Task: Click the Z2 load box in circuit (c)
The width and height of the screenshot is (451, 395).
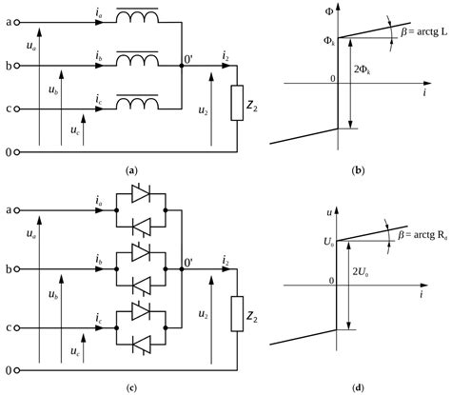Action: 237,310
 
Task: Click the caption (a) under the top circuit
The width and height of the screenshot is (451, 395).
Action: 132,169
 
